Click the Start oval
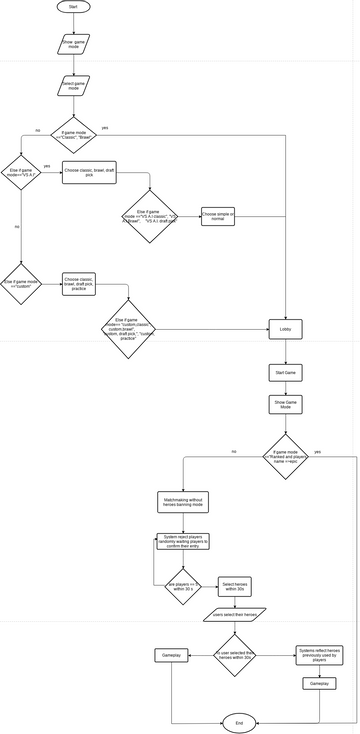(73, 7)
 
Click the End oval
(238, 721)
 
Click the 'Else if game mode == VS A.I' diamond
(21, 173)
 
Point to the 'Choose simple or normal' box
(218, 215)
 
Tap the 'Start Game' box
(284, 372)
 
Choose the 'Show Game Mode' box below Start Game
(284, 405)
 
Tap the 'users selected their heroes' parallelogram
(236, 615)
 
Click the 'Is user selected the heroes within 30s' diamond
(237, 655)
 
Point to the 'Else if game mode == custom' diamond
(21, 284)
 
